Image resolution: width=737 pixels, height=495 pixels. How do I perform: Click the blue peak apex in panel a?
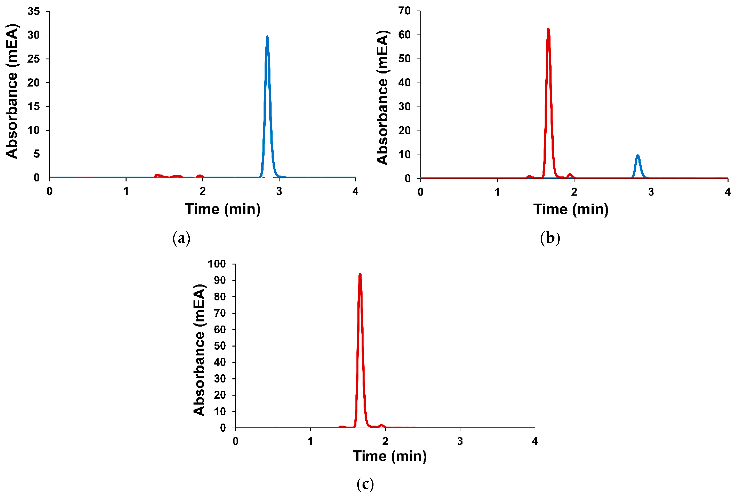click(267, 37)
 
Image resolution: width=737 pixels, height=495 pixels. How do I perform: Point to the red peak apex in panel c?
click(360, 274)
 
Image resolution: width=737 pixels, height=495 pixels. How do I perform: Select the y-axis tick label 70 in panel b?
click(404, 11)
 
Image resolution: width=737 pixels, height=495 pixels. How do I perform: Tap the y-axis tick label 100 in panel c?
click(217, 264)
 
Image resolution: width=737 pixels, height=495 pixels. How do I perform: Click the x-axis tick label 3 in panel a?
click(279, 191)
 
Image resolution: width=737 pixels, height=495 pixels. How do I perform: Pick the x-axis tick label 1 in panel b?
click(497, 192)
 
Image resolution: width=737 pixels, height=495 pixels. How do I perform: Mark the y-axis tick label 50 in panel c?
click(220, 346)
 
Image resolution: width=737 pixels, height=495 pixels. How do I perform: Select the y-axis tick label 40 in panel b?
click(404, 83)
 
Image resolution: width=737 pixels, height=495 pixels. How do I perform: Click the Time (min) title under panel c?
click(390, 456)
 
